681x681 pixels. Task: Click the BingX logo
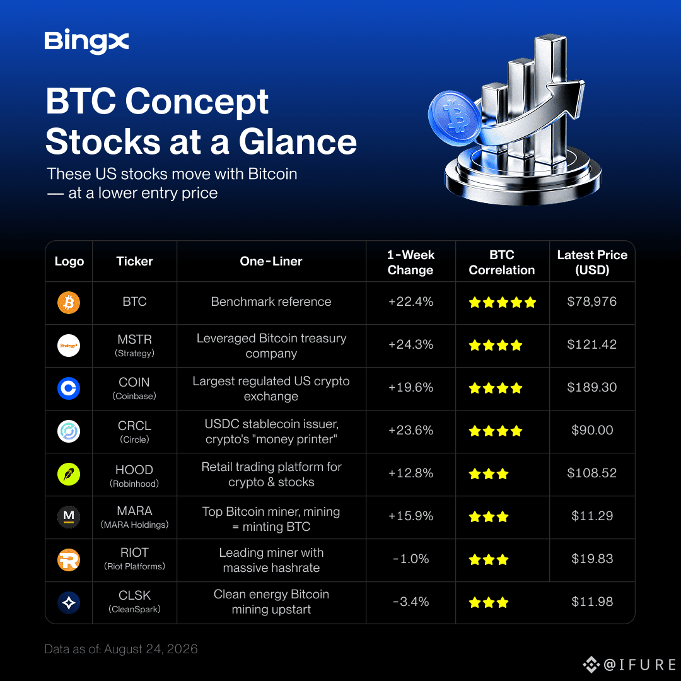click(86, 41)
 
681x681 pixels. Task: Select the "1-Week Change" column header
click(410, 262)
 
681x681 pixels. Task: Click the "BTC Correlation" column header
click(502, 262)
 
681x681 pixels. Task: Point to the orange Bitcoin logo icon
click(69, 302)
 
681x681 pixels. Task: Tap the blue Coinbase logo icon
click(69, 388)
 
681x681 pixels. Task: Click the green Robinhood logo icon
click(69, 474)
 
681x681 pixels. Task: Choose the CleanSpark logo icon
click(69, 602)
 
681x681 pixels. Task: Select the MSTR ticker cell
click(135, 346)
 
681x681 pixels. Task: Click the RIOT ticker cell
click(135, 559)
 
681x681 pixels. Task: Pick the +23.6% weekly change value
click(410, 430)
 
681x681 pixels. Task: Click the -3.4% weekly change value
click(410, 602)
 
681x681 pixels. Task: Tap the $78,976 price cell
click(591, 301)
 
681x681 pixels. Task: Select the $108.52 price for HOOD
click(591, 472)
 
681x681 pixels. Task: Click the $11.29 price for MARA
click(592, 516)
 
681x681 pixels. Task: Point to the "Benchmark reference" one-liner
click(271, 301)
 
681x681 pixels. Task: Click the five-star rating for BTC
click(502, 302)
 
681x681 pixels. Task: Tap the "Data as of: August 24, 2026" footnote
click(120, 649)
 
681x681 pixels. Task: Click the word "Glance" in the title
click(298, 142)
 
